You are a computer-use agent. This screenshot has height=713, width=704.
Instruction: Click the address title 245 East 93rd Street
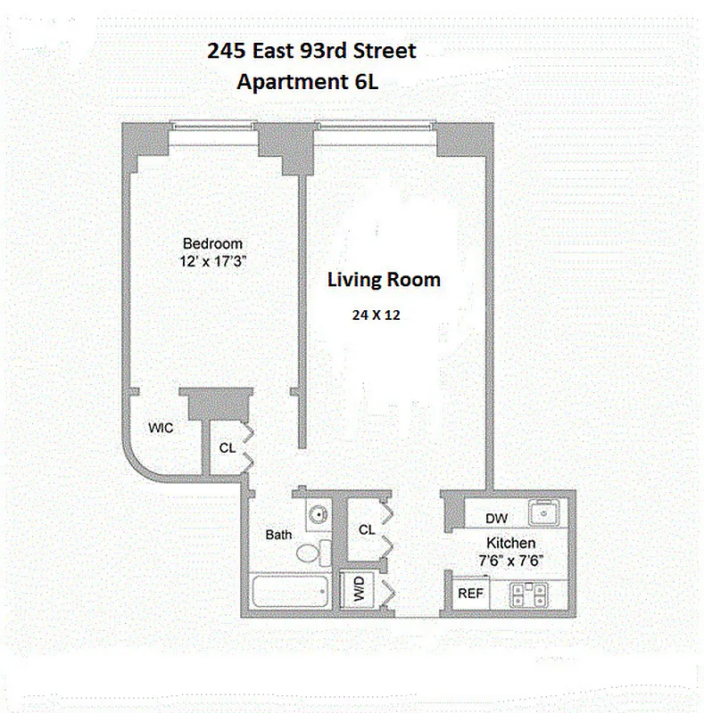[311, 51]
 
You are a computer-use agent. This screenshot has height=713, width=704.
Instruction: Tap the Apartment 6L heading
[311, 82]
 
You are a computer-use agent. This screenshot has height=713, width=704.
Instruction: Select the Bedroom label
[212, 243]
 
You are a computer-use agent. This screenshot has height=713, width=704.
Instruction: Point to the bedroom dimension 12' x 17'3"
[212, 261]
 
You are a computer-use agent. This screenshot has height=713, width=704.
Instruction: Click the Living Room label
[384, 280]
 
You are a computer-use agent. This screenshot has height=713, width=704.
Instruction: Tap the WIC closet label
[161, 428]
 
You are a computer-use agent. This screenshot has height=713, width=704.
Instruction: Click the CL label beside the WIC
[228, 448]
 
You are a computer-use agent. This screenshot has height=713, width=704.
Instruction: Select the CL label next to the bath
[366, 529]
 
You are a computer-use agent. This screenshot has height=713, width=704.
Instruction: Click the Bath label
[278, 535]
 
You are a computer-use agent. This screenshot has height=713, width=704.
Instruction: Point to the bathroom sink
[318, 514]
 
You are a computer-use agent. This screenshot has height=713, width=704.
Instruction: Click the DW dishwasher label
[496, 518]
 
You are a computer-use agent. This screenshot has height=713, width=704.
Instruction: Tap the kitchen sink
[543, 513]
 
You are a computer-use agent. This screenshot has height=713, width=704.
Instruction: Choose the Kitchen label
[510, 543]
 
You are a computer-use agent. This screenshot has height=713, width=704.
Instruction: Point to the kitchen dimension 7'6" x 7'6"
[510, 560]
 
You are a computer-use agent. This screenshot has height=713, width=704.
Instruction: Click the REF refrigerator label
[470, 593]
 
